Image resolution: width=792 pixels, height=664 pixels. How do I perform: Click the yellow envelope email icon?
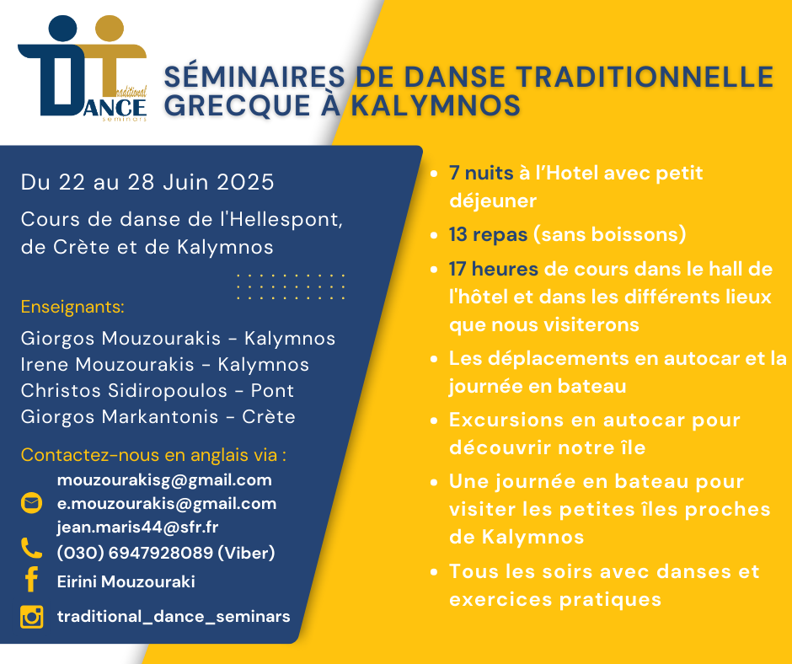tap(31, 503)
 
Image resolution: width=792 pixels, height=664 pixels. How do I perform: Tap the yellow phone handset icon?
tap(31, 548)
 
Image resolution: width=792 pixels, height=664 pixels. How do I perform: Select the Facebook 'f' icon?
tap(32, 579)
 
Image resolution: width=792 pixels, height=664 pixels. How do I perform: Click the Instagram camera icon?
tap(32, 617)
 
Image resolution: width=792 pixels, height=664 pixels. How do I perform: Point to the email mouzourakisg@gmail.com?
tap(164, 480)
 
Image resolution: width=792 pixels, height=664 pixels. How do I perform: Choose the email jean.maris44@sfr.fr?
tap(137, 527)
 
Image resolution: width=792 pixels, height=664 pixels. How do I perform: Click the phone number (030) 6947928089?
tap(135, 553)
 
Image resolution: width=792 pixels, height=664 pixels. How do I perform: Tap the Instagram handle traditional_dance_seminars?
tap(174, 617)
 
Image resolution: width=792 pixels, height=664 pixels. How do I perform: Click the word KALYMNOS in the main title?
tap(436, 105)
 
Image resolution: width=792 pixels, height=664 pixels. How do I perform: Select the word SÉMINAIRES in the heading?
tap(254, 77)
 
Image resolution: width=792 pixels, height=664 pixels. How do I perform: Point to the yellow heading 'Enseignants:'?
tap(72, 307)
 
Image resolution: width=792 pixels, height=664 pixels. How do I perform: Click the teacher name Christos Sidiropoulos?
tap(124, 391)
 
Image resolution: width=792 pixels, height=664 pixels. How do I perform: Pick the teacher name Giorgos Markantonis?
tap(119, 417)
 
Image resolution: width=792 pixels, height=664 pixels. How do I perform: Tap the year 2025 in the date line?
tap(245, 182)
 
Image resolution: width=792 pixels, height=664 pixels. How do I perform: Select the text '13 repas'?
tap(489, 234)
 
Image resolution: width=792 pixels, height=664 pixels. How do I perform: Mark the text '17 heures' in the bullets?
tap(494, 269)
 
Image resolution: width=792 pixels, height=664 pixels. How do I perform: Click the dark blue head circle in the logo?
tap(62, 29)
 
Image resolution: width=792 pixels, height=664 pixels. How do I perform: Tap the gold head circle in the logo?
tap(110, 29)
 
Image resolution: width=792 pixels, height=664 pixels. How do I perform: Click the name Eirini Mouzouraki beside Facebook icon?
tap(126, 581)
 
